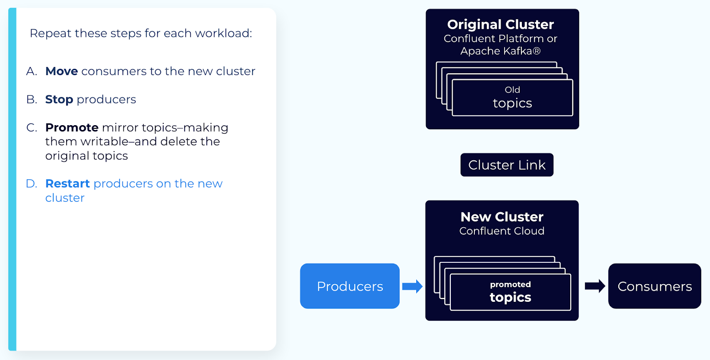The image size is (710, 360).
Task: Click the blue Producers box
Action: click(350, 286)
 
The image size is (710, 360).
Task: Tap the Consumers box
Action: click(655, 286)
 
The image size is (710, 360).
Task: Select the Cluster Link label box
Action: click(507, 165)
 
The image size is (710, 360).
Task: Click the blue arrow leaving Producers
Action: click(412, 286)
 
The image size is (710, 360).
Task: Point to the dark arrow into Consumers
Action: click(595, 286)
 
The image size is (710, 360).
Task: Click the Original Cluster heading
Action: click(500, 24)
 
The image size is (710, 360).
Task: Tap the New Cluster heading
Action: click(502, 217)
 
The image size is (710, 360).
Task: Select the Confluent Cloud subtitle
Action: click(501, 231)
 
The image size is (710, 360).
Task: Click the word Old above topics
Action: click(512, 90)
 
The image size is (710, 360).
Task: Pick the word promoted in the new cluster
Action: click(510, 284)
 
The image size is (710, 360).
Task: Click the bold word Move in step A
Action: click(62, 71)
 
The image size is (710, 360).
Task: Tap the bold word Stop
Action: click(59, 99)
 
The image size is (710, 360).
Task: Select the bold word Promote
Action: click(72, 127)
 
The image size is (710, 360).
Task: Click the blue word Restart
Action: click(67, 183)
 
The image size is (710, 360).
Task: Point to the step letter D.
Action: click(31, 183)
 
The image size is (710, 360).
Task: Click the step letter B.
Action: click(31, 99)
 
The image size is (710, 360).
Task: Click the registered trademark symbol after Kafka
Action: click(536, 51)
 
